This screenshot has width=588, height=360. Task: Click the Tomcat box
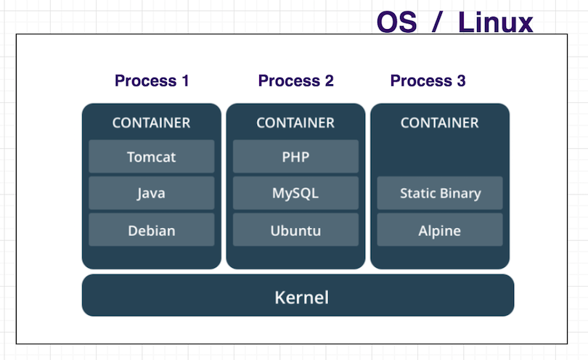(152, 157)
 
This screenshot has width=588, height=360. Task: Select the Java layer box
(152, 193)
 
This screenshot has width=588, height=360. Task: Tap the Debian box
(152, 230)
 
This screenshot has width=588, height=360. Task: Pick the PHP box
(295, 157)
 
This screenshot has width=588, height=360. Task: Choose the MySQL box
(295, 193)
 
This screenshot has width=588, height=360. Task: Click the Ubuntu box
(295, 230)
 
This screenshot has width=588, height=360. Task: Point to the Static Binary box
(440, 193)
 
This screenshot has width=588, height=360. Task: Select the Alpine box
(440, 230)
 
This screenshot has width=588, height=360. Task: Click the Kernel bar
(298, 296)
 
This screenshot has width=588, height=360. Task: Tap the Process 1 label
(152, 81)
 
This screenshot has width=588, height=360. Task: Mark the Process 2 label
(295, 81)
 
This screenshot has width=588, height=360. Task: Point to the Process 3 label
(428, 81)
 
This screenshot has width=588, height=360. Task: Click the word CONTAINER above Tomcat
(151, 123)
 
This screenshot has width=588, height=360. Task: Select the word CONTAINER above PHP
(295, 123)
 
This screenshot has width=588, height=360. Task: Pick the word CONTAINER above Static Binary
(440, 123)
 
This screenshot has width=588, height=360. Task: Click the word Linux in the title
(495, 22)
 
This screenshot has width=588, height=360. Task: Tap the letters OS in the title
(396, 22)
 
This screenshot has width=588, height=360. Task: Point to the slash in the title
(436, 22)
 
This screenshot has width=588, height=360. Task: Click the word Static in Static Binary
(417, 193)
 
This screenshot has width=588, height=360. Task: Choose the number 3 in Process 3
(461, 81)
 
